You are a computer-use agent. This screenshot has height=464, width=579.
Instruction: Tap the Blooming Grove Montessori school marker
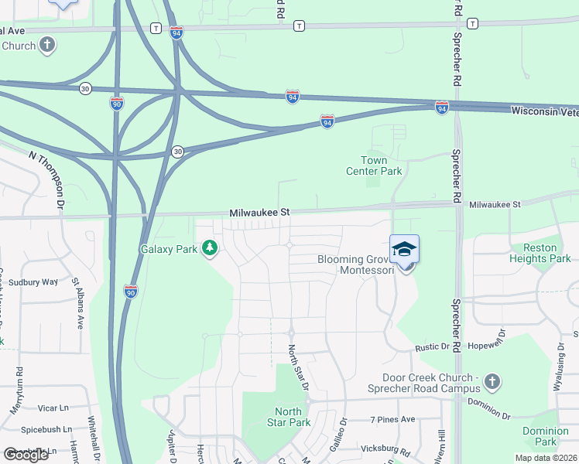tap(404, 251)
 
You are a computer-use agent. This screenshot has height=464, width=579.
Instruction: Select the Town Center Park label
tap(380, 165)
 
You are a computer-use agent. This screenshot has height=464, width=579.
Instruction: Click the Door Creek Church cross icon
tap(492, 381)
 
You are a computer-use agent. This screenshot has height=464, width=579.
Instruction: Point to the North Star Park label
tap(288, 417)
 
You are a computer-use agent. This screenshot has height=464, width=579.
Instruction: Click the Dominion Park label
tap(545, 436)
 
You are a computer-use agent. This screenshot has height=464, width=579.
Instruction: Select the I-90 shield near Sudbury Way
tap(130, 292)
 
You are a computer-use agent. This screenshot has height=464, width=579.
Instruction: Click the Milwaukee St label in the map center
tap(259, 211)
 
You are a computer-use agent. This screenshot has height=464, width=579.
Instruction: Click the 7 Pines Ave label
tap(392, 419)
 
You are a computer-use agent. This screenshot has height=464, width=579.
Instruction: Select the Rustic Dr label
tap(431, 349)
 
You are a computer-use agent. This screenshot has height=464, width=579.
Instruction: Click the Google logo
tap(26, 455)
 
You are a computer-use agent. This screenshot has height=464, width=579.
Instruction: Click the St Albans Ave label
tap(78, 303)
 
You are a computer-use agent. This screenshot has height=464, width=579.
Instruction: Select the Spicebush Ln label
tap(46, 429)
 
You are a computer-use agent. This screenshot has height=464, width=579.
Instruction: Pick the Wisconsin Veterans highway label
tap(544, 111)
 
